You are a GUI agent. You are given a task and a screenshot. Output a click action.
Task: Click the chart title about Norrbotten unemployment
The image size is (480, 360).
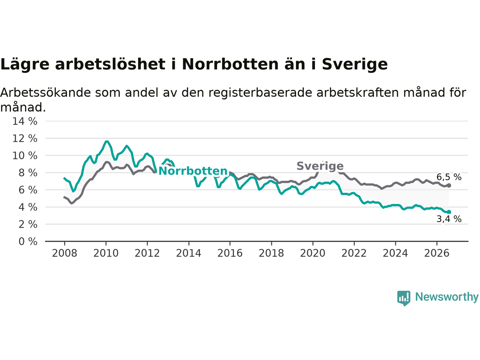pyautogui.click(x=194, y=64)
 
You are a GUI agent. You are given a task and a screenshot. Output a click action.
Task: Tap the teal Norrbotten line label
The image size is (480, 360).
pyautogui.click(x=193, y=171)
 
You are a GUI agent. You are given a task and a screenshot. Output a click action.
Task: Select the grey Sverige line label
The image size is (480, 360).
pyautogui.click(x=320, y=166)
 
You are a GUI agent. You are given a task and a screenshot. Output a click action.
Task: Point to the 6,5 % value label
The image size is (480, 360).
pyautogui.click(x=449, y=177)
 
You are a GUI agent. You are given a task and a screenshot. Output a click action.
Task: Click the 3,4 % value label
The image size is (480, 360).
pyautogui.click(x=449, y=219)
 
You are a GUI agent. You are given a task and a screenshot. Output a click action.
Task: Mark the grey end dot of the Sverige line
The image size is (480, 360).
pyautogui.click(x=449, y=185)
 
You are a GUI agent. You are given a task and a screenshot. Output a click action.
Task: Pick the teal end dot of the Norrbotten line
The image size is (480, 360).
pyautogui.click(x=449, y=212)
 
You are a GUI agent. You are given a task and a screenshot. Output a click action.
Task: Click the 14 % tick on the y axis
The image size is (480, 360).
pyautogui.click(x=25, y=121)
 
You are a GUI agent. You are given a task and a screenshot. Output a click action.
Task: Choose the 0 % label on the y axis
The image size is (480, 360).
pyautogui.click(x=28, y=241)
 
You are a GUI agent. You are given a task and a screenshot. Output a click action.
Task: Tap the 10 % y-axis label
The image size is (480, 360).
pyautogui.click(x=25, y=156)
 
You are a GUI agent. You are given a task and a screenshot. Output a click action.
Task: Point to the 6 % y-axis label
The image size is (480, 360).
pyautogui.click(x=28, y=190)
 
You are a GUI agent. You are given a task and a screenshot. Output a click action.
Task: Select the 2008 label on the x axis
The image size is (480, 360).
pyautogui.click(x=64, y=253)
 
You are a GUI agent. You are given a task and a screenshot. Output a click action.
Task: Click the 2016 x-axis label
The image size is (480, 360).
pyautogui.click(x=230, y=253)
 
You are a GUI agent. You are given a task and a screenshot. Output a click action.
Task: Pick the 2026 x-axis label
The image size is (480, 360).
pyautogui.click(x=437, y=253)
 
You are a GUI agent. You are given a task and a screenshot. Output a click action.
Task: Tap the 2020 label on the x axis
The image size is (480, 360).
pyautogui.click(x=313, y=253)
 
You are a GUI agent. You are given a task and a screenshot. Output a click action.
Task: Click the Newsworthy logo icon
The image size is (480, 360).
pyautogui.click(x=403, y=298)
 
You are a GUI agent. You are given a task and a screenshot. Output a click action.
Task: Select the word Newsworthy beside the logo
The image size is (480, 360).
pyautogui.click(x=447, y=297)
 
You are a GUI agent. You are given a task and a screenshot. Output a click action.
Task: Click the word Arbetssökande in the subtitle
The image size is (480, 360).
pyautogui.click(x=45, y=93)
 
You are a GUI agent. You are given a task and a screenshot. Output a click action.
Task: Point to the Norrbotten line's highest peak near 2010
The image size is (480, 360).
pyautogui.click(x=106, y=141)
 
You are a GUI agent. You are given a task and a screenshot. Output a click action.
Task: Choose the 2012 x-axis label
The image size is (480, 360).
pyautogui.click(x=147, y=253)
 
